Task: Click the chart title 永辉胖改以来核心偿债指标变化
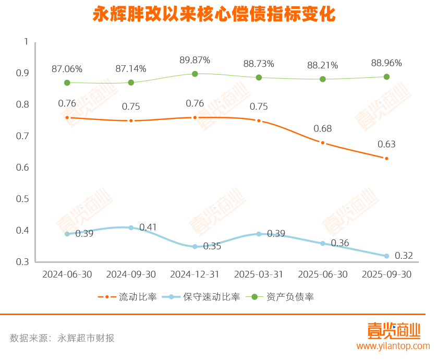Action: pyautogui.click(x=214, y=14)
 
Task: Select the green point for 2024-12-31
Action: pyautogui.click(x=195, y=74)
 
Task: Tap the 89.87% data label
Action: pyautogui.click(x=195, y=60)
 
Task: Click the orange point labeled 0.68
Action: pyautogui.click(x=323, y=142)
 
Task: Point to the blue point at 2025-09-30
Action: pyautogui.click(x=386, y=256)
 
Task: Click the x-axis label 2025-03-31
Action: pyautogui.click(x=259, y=274)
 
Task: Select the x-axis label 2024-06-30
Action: pyautogui.click(x=67, y=274)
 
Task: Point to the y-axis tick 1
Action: pyautogui.click(x=25, y=41)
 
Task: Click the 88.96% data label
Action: pyautogui.click(x=386, y=63)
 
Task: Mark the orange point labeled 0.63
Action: pyautogui.click(x=386, y=158)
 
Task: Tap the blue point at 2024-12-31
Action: pyautogui.click(x=195, y=246)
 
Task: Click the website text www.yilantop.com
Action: pyautogui.click(x=393, y=346)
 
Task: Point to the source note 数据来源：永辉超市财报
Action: pyautogui.click(x=62, y=338)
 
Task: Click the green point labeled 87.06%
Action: pyautogui.click(x=67, y=83)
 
